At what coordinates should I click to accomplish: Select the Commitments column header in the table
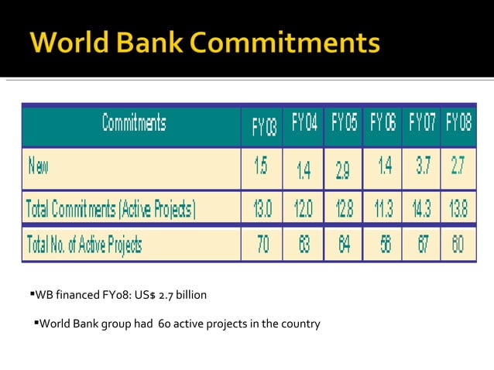[133, 123]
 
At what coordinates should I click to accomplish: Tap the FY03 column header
[263, 126]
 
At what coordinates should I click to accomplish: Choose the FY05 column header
[344, 123]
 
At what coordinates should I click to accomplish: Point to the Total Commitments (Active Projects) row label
[111, 208]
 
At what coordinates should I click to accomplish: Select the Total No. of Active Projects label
[84, 245]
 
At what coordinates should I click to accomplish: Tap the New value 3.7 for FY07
[422, 166]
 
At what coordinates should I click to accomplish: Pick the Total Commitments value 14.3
[422, 208]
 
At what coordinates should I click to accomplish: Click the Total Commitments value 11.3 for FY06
[383, 208]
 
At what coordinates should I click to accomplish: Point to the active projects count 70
[263, 245]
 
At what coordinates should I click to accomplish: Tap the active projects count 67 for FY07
[422, 245]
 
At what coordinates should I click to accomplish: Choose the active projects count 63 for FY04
[304, 245]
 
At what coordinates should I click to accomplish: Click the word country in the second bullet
[300, 324]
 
